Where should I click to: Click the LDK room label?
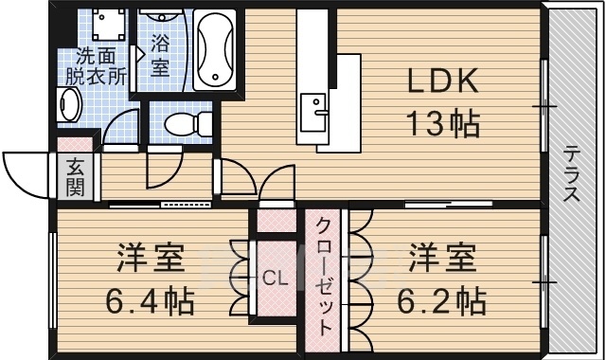pos(443,83)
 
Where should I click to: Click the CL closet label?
pos(275,279)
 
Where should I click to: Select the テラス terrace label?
pos(572,174)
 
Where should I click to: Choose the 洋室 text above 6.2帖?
pos(441,259)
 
